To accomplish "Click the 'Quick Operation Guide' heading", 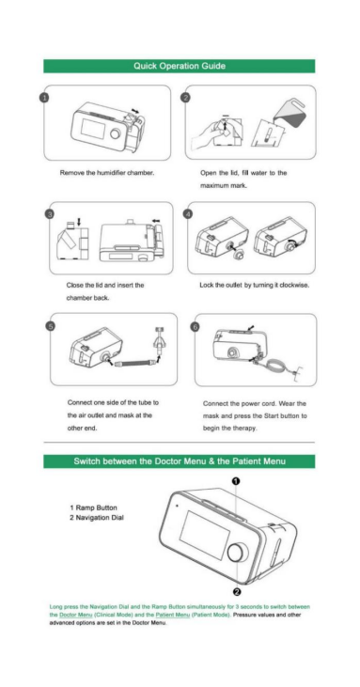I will [x=180, y=66].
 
